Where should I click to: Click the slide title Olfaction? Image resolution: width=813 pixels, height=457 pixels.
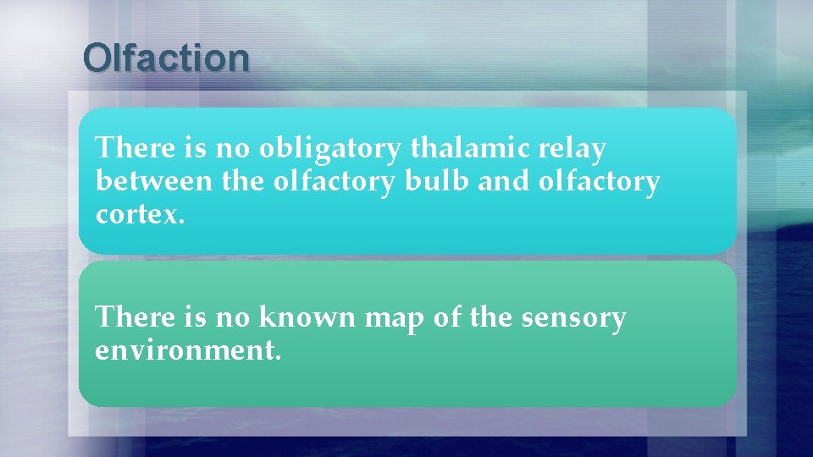pos(166,58)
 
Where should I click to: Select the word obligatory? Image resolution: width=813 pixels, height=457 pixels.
pos(330,149)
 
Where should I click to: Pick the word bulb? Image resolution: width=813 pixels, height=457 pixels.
pos(440,181)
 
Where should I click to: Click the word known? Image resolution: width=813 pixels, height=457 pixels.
pos(307,317)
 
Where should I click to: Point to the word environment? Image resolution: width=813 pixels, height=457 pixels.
pos(186,350)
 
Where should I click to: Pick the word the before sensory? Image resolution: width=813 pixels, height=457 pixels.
pos(489,317)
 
